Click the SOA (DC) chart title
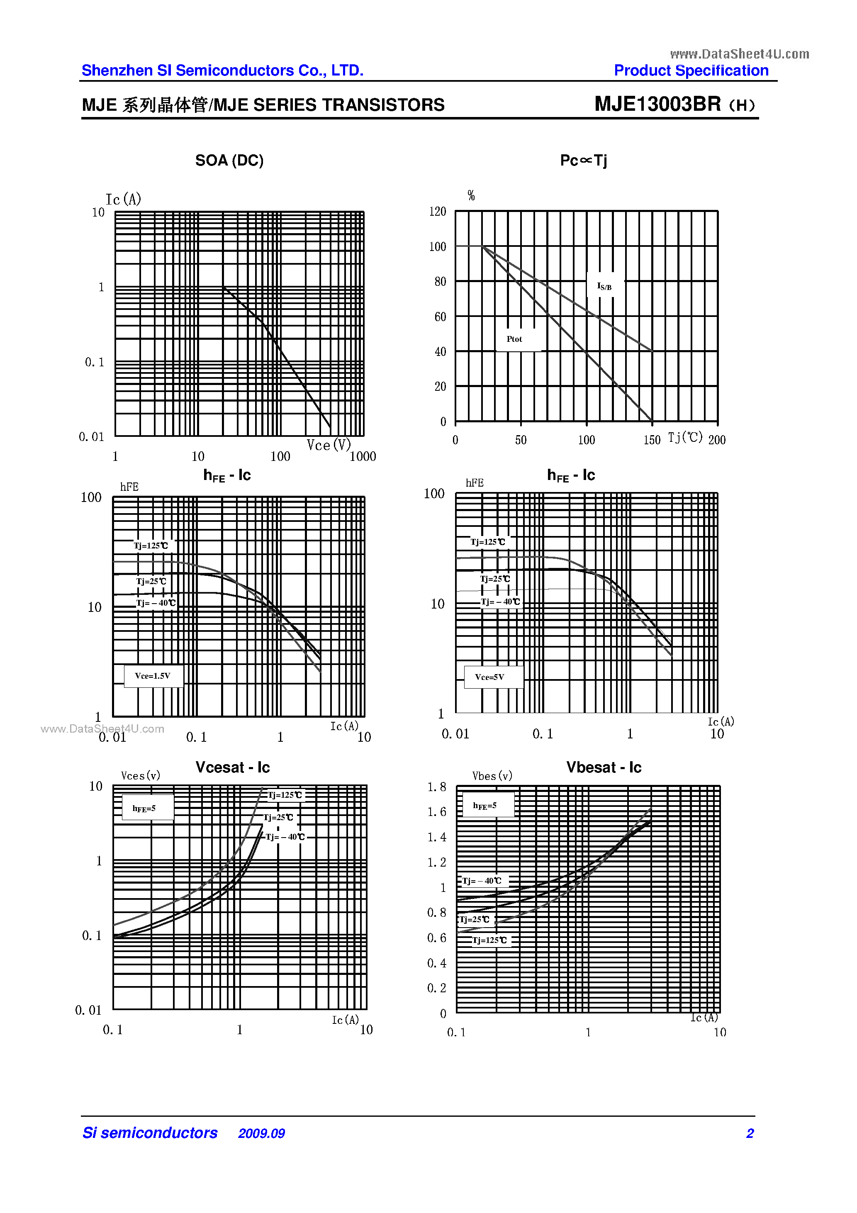pyautogui.click(x=229, y=160)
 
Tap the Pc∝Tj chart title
pyautogui.click(x=583, y=160)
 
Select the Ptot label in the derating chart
pyautogui.click(x=514, y=339)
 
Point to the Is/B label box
pyautogui.click(x=604, y=286)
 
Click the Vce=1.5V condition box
pyautogui.click(x=153, y=676)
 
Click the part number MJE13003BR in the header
pyautogui.click(x=657, y=104)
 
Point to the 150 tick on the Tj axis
pyautogui.click(x=652, y=440)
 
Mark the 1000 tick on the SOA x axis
pyautogui.click(x=363, y=456)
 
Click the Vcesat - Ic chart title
pyautogui.click(x=232, y=767)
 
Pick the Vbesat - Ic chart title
pyautogui.click(x=604, y=767)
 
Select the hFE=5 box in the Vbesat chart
pyautogui.click(x=485, y=806)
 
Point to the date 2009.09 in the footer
pyautogui.click(x=261, y=1133)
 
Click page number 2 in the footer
pyautogui.click(x=750, y=1133)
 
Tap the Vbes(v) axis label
pyautogui.click(x=492, y=776)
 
